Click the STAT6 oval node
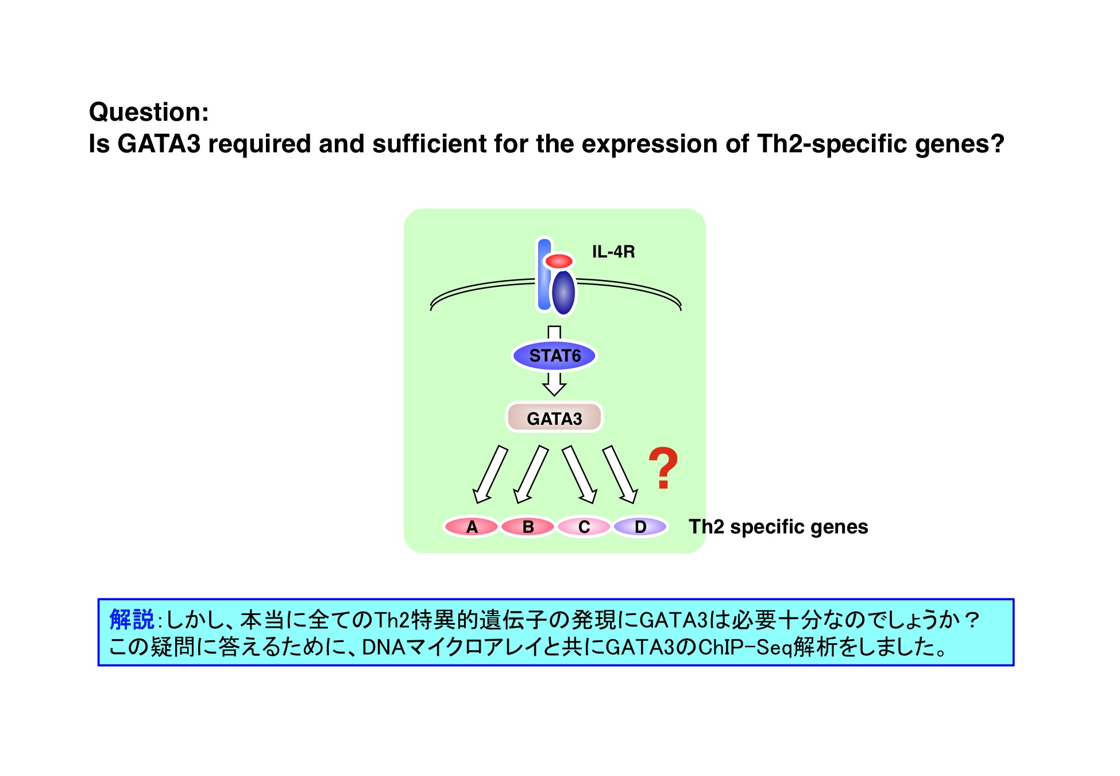[x=554, y=355]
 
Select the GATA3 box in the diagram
[x=554, y=417]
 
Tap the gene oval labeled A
[x=472, y=526]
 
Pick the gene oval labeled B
[x=528, y=526]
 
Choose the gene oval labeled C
[x=584, y=526]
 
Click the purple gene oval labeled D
[x=640, y=526]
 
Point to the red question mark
[x=663, y=468]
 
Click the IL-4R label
[x=613, y=252]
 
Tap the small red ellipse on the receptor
[x=559, y=262]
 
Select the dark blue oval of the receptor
[x=563, y=293]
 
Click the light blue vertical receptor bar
[x=544, y=275]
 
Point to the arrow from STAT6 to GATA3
[x=554, y=384]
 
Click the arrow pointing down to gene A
[x=489, y=475]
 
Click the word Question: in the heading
[x=149, y=112]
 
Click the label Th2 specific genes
[x=778, y=527]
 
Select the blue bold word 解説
[x=132, y=620]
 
